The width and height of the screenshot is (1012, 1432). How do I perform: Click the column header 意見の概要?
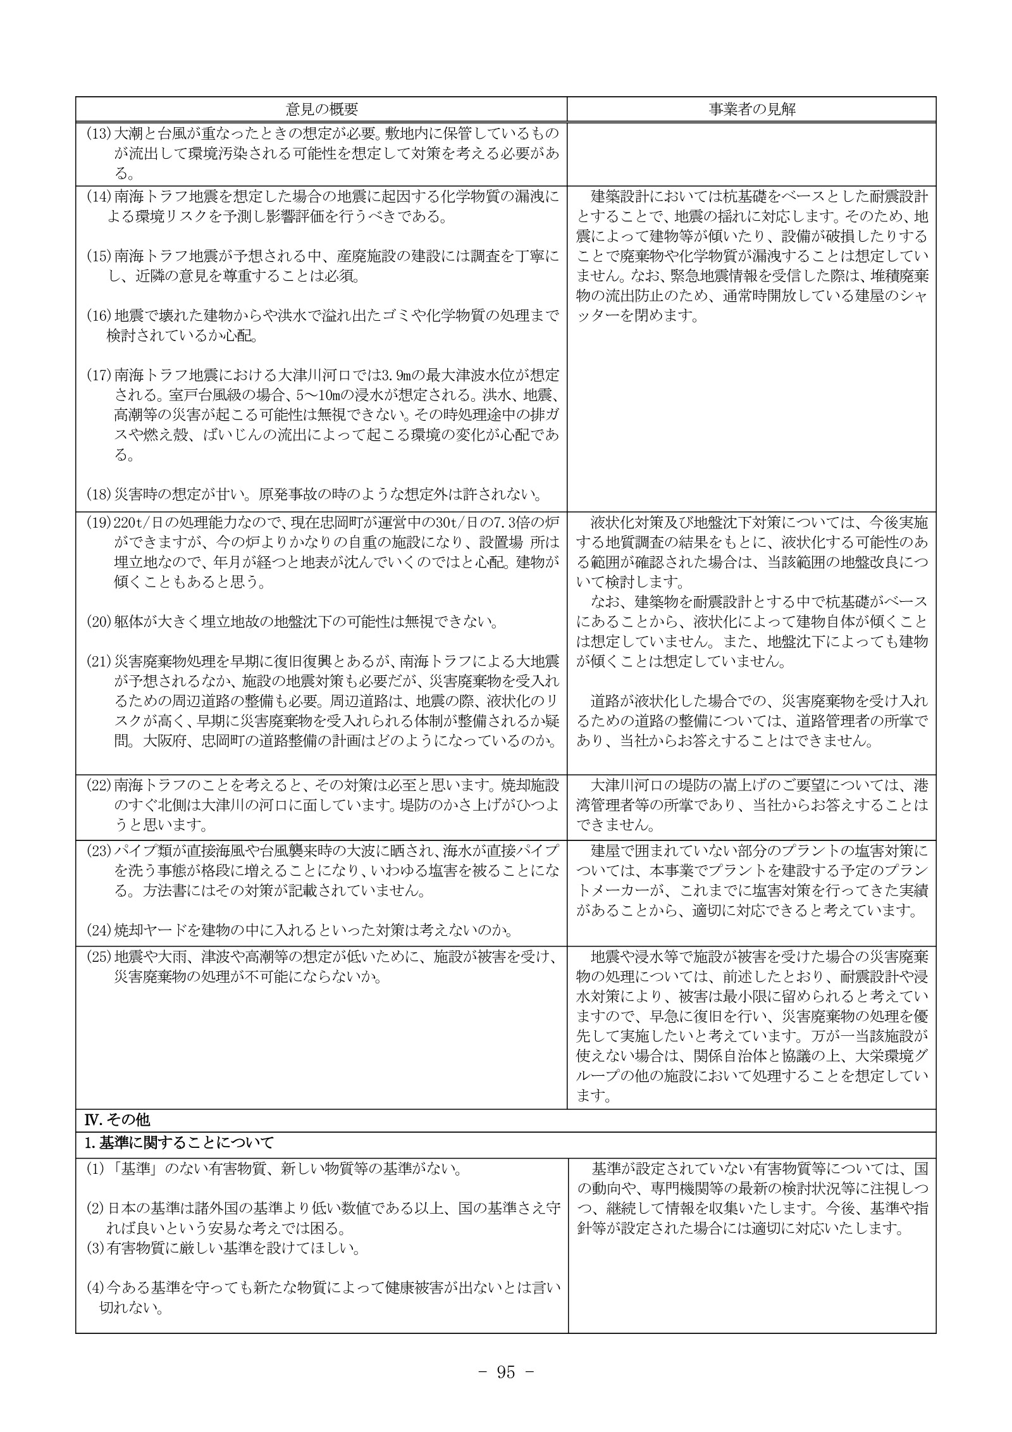pos(321,109)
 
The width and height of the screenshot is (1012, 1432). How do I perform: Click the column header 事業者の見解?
pos(751,109)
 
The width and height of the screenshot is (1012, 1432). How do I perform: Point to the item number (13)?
pos(99,134)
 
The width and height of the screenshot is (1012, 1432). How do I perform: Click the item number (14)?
pos(99,197)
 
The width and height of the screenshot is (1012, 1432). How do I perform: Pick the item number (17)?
pos(99,375)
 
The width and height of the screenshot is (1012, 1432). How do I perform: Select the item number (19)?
pos(99,523)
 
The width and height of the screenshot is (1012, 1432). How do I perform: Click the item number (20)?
pos(99,622)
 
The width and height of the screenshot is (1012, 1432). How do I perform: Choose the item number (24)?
pos(99,930)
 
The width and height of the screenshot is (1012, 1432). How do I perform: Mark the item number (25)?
pos(99,957)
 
